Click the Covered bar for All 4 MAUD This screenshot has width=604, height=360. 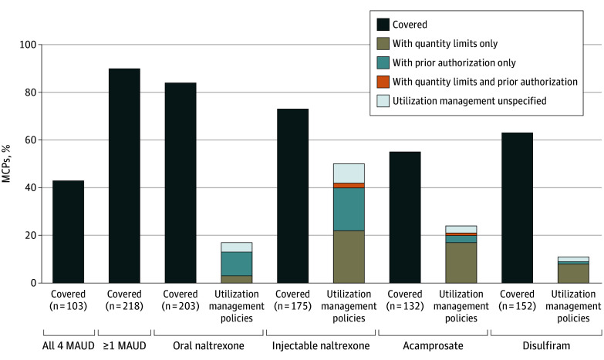click(x=68, y=232)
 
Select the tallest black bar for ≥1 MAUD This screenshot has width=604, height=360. click(x=124, y=176)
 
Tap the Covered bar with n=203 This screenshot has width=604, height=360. click(x=181, y=183)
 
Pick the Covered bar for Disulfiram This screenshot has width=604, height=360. click(x=517, y=208)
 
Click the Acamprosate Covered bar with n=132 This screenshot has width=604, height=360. click(x=405, y=217)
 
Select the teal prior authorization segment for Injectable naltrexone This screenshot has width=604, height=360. click(x=349, y=210)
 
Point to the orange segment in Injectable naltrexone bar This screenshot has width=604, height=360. click(x=349, y=186)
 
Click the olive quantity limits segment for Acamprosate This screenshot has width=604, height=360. click(x=461, y=263)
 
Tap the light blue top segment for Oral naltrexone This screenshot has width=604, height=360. click(x=237, y=247)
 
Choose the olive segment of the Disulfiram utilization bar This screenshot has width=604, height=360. click(x=573, y=274)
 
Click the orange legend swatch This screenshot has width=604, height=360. click(x=383, y=82)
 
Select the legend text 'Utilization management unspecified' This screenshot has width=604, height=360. click(x=469, y=101)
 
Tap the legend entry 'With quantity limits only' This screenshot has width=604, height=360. click(x=445, y=43)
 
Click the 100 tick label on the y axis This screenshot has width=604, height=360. click(x=28, y=45)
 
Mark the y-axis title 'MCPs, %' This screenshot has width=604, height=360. click(x=6, y=163)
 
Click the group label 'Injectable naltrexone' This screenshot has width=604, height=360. click(x=321, y=346)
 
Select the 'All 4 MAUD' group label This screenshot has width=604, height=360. click(x=68, y=346)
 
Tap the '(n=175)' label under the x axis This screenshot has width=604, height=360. click(x=293, y=306)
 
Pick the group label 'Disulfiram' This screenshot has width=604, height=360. click(x=546, y=346)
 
